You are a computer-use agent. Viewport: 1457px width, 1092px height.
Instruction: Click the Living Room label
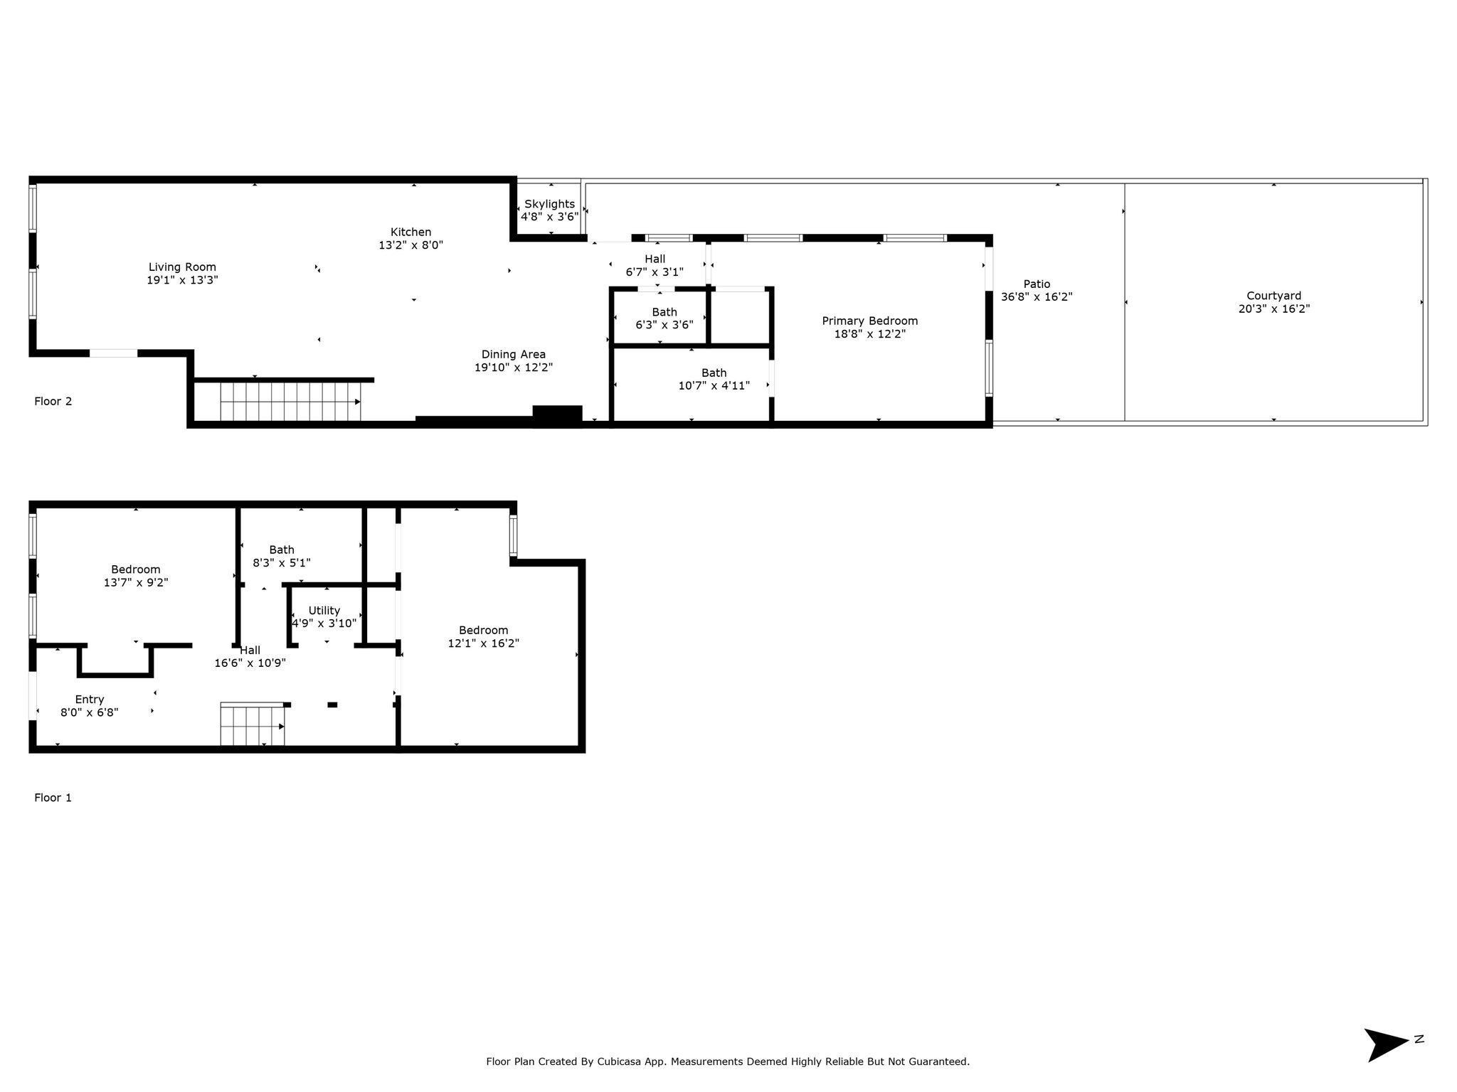coord(182,267)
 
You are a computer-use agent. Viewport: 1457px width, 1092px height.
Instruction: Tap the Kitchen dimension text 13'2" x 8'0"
coord(410,245)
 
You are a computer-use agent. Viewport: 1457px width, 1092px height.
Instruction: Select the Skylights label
coord(549,204)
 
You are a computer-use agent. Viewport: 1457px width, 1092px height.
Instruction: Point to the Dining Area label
coord(514,355)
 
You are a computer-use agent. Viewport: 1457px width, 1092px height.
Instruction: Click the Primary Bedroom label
coord(870,321)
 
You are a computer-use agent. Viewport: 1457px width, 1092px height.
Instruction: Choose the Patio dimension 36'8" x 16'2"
coord(1037,297)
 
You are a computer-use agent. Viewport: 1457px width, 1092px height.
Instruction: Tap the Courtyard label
coord(1273,296)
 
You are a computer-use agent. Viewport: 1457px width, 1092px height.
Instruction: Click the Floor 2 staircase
coord(290,402)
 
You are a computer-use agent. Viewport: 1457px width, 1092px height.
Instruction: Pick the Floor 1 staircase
coord(253,724)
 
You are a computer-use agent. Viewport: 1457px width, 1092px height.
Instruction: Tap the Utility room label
coord(324,611)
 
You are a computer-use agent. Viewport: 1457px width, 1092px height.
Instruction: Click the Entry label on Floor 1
coord(90,700)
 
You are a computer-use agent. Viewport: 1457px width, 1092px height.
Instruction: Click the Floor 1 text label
coord(53,798)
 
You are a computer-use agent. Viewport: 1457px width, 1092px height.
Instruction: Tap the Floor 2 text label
coord(53,401)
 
